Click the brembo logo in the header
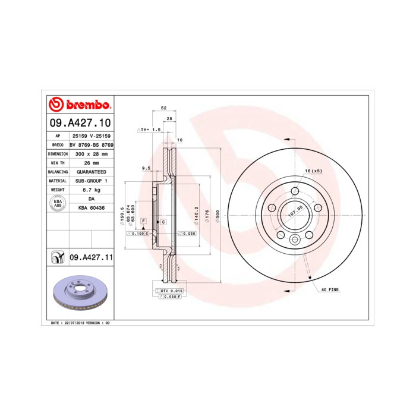point(80,105)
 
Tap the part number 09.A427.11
point(92,257)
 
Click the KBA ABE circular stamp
point(58,204)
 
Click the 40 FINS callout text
point(330,289)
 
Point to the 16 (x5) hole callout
point(313,171)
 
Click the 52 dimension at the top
point(163,108)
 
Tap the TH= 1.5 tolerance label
point(149,129)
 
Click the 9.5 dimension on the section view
point(146,168)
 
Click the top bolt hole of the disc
point(295,191)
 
